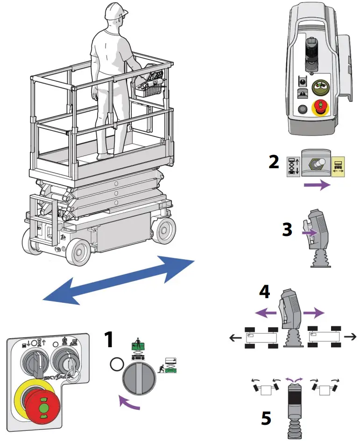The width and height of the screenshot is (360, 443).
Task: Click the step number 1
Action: pyautogui.click(x=108, y=340)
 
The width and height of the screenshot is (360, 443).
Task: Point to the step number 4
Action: pyautogui.click(x=264, y=292)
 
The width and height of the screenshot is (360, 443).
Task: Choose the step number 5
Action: pyautogui.click(x=266, y=418)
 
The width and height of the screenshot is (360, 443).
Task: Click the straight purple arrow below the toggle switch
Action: pyautogui.click(x=317, y=186)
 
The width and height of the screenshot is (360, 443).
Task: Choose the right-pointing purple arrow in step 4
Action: pyautogui.click(x=310, y=312)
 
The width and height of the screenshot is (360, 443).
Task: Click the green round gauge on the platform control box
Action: pyautogui.click(x=321, y=86)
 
